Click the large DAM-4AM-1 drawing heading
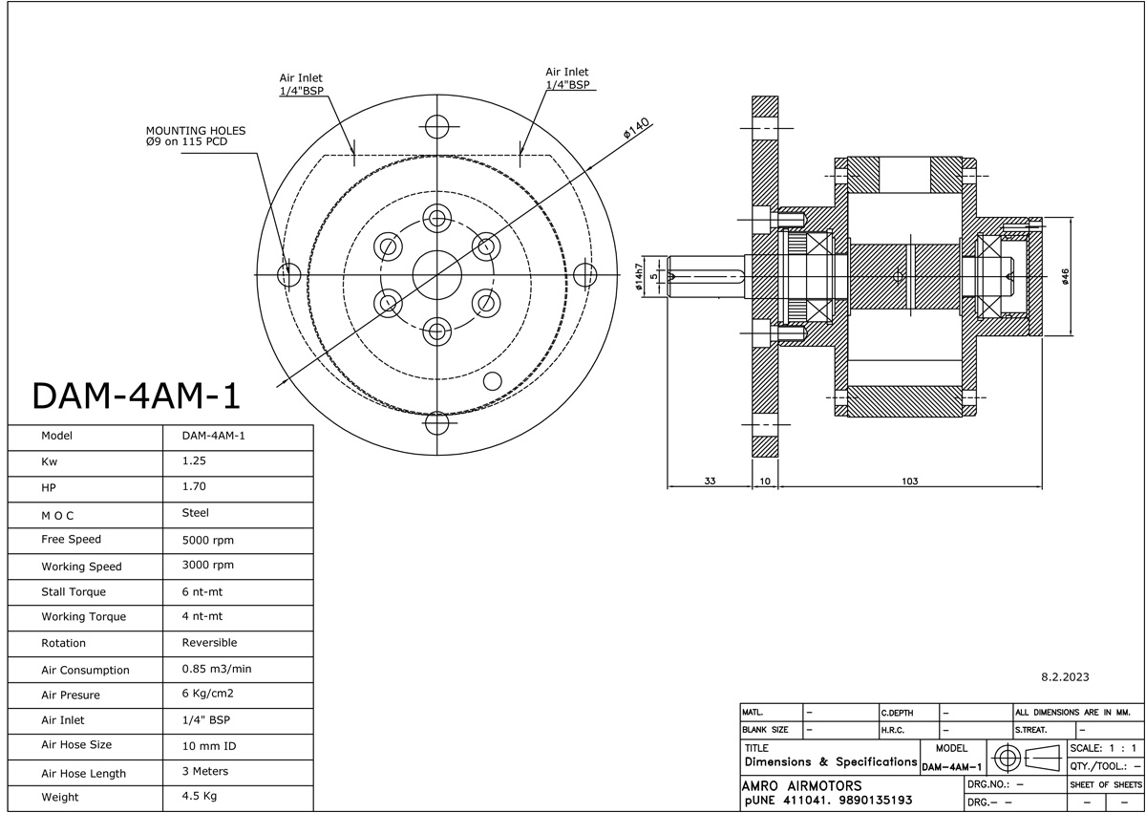(x=135, y=396)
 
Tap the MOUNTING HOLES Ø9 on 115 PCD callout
(x=195, y=137)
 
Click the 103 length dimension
(x=909, y=481)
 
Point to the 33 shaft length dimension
(x=710, y=481)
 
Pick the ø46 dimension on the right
(x=1065, y=276)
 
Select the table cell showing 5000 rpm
(x=207, y=540)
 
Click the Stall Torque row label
(x=74, y=592)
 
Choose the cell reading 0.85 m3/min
(x=216, y=669)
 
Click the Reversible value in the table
(x=209, y=643)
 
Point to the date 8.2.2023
(x=1065, y=677)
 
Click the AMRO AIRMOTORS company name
(x=801, y=785)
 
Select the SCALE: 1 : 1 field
(x=1103, y=748)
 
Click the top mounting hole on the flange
(x=436, y=126)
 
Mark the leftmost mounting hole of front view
(x=287, y=276)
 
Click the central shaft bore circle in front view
(x=436, y=275)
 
